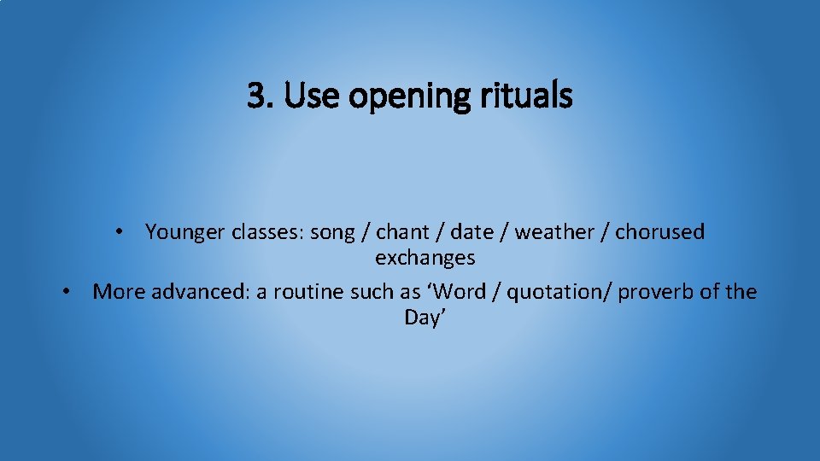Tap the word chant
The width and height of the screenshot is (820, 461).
coord(404,231)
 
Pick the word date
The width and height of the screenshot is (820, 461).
coord(471,231)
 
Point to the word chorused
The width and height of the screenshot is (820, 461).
coord(660,231)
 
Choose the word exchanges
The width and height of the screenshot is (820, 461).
coord(425,257)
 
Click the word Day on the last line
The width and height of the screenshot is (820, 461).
coord(423,318)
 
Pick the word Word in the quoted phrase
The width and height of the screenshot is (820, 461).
coord(462,292)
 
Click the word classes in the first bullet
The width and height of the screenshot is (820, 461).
coord(261,231)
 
